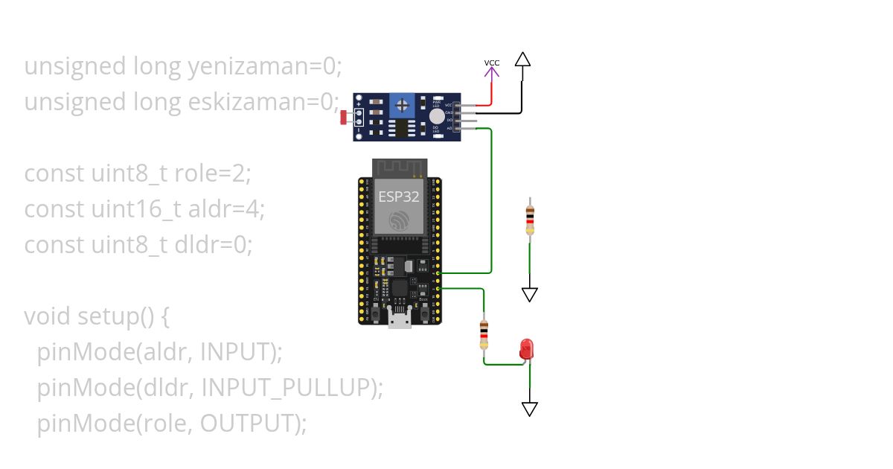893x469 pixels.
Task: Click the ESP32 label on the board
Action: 398,197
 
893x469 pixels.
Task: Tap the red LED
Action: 527,348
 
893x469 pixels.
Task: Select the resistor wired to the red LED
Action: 484,334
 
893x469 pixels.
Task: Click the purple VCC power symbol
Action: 492,68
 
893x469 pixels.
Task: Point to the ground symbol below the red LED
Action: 529,409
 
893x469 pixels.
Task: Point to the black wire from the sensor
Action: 506,113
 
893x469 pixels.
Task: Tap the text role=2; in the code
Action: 213,173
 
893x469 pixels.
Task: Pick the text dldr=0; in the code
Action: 213,244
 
